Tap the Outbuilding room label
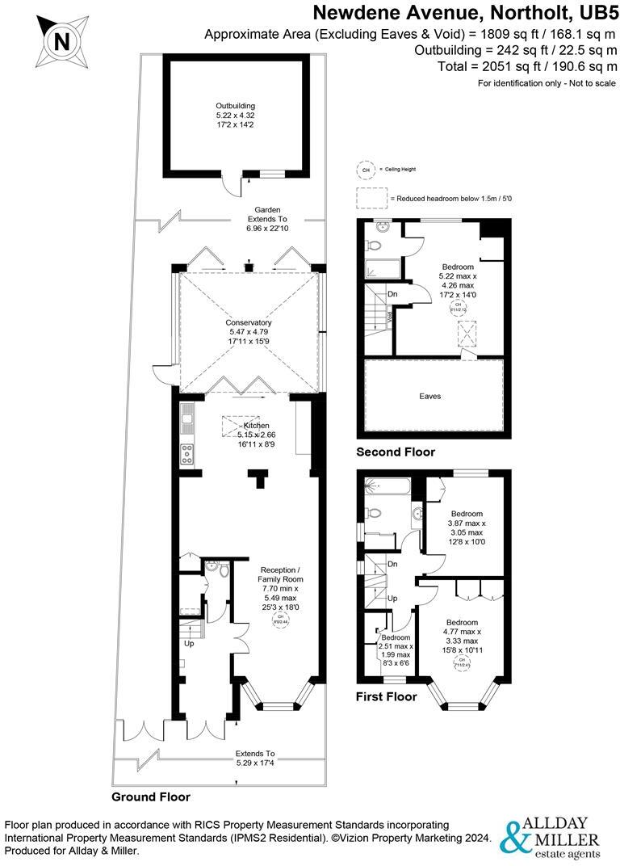pos(235,116)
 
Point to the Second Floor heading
pos(396,452)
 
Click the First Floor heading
pos(387,696)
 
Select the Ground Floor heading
pos(151,797)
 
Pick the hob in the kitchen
pos(187,456)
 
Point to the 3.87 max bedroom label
pos(467,528)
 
